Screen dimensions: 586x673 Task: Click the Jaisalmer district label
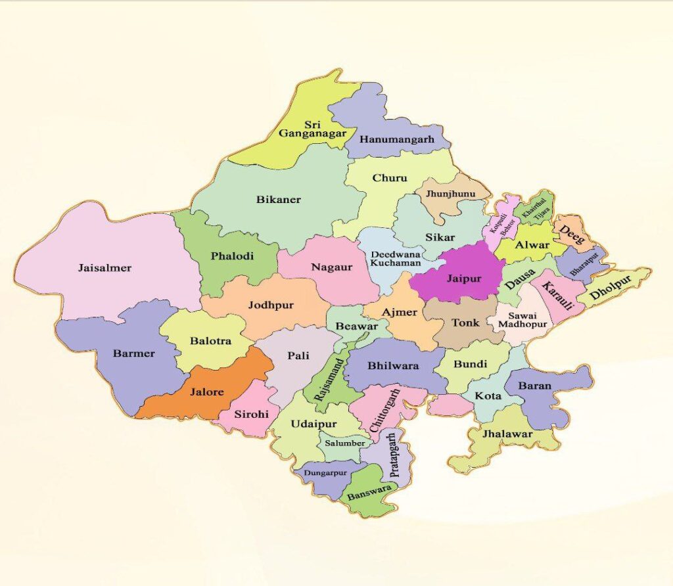tap(104, 268)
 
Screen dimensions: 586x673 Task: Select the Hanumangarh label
tap(396, 140)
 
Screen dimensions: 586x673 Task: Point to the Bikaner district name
tap(278, 200)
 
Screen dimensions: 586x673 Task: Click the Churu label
tap(390, 178)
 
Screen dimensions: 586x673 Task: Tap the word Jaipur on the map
tap(464, 279)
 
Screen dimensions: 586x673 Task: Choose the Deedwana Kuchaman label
tap(396, 258)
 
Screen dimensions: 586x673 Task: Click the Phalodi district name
tap(232, 256)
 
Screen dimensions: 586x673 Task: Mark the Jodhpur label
tap(271, 305)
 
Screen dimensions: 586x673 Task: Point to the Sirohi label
tap(252, 414)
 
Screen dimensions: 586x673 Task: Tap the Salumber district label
tap(345, 443)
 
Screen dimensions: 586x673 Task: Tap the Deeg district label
tap(571, 235)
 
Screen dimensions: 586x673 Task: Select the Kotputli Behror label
tap(499, 223)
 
